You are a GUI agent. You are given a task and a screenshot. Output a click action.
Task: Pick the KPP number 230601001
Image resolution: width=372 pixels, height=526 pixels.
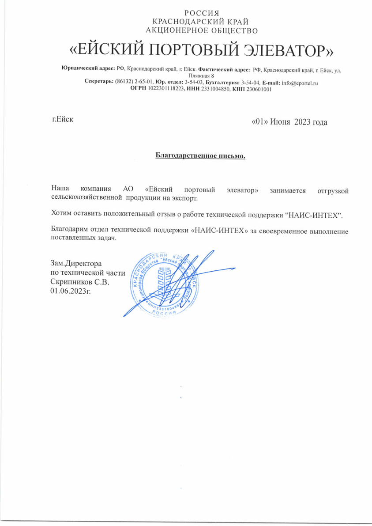click(256, 89)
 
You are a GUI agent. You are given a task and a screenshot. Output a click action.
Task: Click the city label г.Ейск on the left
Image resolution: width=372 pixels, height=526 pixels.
click(62, 119)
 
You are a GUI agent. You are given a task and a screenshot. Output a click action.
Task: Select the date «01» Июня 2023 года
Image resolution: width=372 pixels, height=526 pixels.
click(289, 122)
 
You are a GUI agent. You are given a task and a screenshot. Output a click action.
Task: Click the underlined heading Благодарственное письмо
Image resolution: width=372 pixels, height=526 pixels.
click(200, 155)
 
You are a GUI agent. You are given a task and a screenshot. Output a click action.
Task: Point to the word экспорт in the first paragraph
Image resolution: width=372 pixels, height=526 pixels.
click(184, 198)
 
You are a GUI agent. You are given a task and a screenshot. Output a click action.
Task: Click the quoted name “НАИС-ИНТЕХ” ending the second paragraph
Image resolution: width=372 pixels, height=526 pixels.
click(315, 215)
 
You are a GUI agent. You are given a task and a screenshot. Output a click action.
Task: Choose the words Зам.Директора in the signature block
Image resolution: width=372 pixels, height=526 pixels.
click(77, 264)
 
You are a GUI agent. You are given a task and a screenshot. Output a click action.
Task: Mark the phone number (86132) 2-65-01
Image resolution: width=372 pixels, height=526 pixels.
click(134, 83)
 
